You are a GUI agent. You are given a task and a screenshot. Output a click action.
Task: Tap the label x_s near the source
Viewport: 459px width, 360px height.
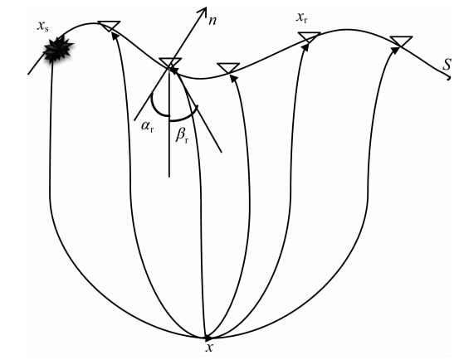(42, 27)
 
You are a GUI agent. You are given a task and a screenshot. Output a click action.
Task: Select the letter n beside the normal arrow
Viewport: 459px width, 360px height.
(212, 21)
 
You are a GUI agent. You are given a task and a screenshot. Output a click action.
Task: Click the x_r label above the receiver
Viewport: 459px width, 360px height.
(302, 18)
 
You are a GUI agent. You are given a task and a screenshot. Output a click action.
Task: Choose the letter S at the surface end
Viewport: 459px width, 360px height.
(447, 65)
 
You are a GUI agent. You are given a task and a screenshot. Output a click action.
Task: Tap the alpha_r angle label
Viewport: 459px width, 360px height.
(147, 126)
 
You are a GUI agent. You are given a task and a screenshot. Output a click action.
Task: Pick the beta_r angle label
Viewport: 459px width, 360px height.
(182, 135)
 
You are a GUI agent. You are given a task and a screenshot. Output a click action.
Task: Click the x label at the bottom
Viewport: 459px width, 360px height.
(209, 348)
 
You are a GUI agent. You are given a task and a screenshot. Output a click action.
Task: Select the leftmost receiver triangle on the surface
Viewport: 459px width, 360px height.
(109, 26)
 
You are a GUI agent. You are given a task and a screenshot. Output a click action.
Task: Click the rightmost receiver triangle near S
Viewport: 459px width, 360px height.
(401, 41)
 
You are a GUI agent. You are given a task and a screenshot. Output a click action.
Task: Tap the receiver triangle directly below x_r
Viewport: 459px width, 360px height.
(310, 37)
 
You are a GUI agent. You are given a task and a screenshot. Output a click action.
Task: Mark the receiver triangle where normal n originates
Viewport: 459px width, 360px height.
(170, 63)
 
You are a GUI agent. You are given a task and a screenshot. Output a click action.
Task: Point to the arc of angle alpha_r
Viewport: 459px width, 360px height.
(157, 109)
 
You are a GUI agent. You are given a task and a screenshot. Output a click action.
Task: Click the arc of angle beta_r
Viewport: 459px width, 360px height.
(185, 116)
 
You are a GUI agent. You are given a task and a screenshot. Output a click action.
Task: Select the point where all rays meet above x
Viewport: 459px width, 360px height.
(207, 338)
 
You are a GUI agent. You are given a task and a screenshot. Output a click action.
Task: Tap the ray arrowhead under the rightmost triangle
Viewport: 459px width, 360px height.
(395, 50)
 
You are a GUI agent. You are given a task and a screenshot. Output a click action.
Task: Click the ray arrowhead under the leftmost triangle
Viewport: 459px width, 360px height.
(115, 35)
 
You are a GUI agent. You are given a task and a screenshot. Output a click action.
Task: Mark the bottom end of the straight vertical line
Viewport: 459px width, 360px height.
(169, 177)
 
